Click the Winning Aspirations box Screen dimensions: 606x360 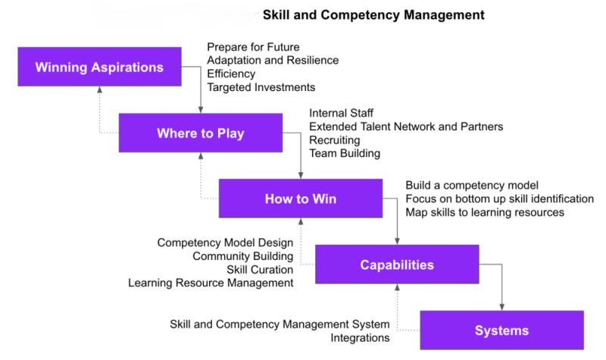pyautogui.click(x=100, y=67)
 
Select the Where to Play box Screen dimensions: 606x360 pyautogui.click(x=201, y=133)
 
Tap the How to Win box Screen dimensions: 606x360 pyautogui.click(x=301, y=199)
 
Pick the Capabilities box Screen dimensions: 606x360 pyautogui.click(x=397, y=264)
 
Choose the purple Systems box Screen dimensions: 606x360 pyautogui.click(x=502, y=330)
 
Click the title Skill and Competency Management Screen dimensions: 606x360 pyautogui.click(x=373, y=15)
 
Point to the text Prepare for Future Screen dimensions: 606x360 pyautogui.click(x=253, y=47)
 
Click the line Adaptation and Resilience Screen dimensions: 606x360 pyautogui.click(x=273, y=61)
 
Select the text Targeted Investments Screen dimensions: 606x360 pyautogui.click(x=261, y=87)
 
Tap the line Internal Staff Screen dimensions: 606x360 pyautogui.click(x=342, y=113)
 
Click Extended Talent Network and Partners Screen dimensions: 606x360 pyautogui.click(x=406, y=127)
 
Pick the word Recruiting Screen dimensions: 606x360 pyautogui.click(x=335, y=140)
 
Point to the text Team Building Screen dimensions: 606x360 pyautogui.click(x=345, y=153)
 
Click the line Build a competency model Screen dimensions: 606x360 pyautogui.click(x=472, y=185)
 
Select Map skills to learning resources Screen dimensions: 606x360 pyautogui.click(x=485, y=212)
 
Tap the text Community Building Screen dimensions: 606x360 pyautogui.click(x=242, y=256)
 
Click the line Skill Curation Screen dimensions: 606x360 pyautogui.click(x=260, y=270)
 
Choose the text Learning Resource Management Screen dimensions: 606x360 pyautogui.click(x=211, y=283)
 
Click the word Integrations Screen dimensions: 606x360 pyautogui.click(x=360, y=337)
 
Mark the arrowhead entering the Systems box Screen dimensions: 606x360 pyautogui.click(x=502, y=308)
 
